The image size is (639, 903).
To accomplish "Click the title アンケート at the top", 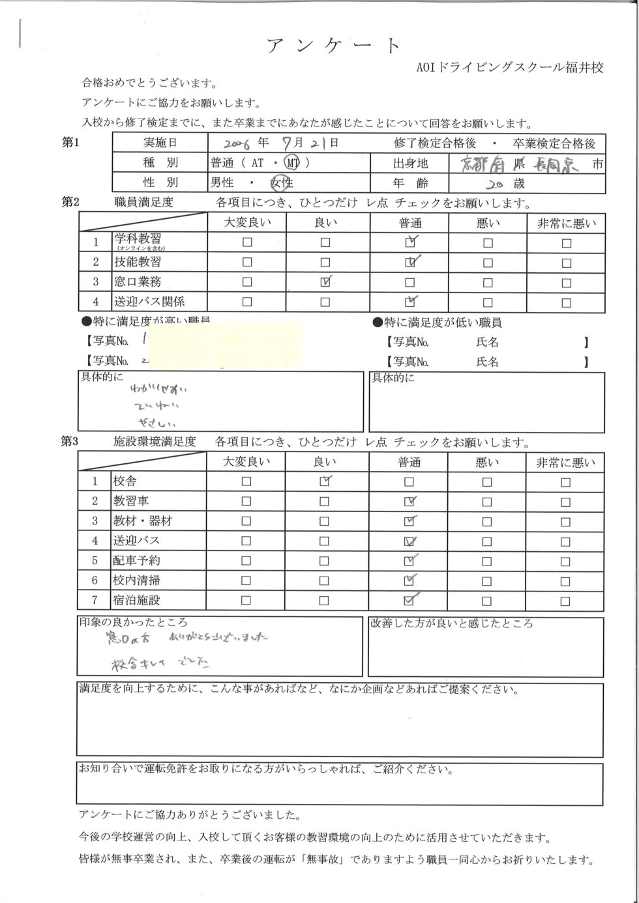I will pos(333,46).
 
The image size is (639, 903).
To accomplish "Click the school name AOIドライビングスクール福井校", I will pos(509,68).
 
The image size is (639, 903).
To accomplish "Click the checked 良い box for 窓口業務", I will pos(325,282).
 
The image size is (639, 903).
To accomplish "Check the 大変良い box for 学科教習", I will pos(247,243).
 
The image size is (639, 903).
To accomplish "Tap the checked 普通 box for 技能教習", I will pos(409,263).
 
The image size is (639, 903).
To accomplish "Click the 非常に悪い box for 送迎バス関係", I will pos(566,302).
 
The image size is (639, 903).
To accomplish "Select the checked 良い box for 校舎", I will pos(325,482).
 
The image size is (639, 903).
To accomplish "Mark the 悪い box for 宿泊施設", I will pos(487,601).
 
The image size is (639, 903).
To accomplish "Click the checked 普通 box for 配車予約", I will pos(409,561).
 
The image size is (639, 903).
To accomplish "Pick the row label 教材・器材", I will pos(143,521).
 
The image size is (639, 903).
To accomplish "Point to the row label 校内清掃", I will pos(137,580).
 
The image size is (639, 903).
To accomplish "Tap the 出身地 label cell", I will pos(410,164).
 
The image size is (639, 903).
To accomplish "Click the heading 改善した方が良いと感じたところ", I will pos(451,623).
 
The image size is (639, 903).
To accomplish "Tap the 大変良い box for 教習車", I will pos(246,502).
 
